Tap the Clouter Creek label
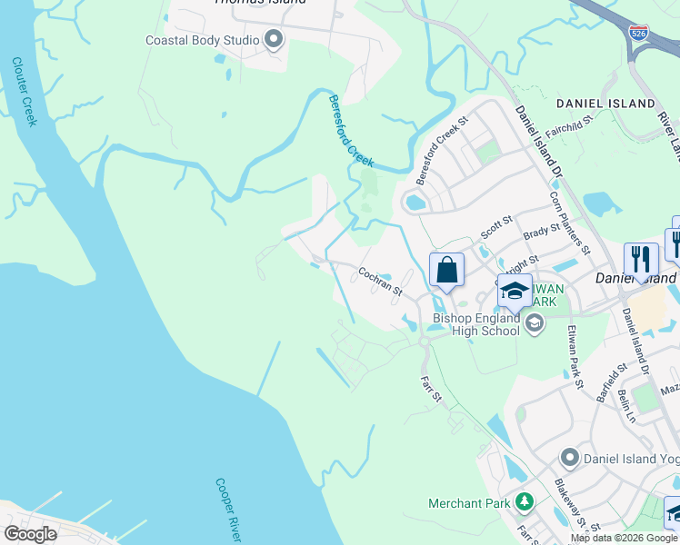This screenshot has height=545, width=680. tap(25, 92)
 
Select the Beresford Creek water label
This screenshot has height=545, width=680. tap(351, 130)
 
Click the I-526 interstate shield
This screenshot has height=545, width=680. tap(638, 34)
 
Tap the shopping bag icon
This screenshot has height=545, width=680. tap(446, 270)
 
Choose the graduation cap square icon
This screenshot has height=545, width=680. tap(515, 291)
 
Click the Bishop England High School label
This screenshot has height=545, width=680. tap(476, 324)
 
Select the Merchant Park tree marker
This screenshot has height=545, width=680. tap(525, 501)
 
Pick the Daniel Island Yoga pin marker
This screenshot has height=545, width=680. tap(570, 458)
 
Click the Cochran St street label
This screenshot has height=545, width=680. tap(380, 281)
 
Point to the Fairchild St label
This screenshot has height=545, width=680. tap(569, 131)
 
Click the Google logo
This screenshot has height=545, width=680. tap(30, 533)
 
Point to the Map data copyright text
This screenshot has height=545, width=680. tap(624, 538)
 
